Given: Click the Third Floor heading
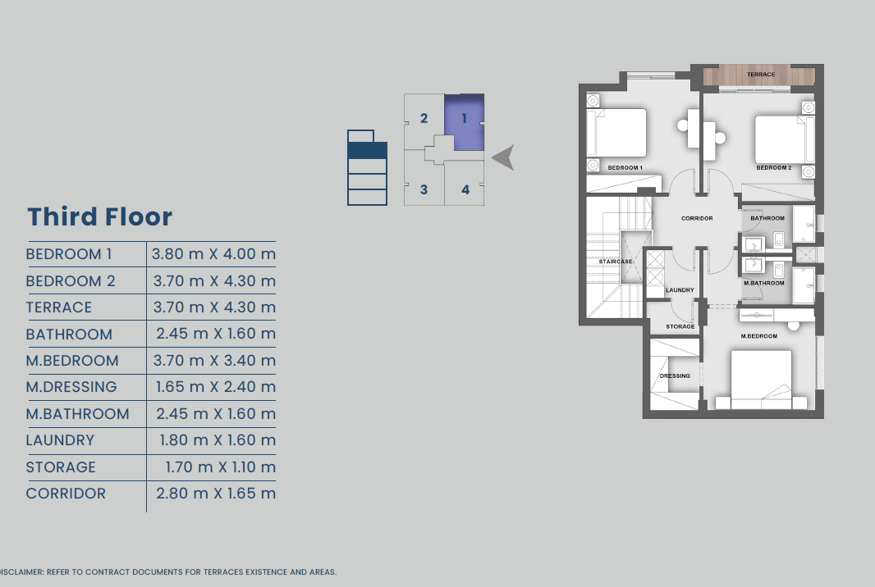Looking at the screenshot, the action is click(100, 217).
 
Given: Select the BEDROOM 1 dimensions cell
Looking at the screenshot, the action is click(213, 254).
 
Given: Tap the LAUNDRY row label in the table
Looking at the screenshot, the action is click(60, 440).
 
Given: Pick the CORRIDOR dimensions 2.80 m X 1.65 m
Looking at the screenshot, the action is click(216, 494).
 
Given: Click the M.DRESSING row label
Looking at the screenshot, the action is click(71, 387).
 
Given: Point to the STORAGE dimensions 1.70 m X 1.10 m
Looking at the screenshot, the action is click(221, 467).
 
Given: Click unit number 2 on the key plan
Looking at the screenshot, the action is click(424, 118).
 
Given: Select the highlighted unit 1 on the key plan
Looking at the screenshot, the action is click(465, 122).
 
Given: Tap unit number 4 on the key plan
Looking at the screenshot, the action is click(465, 189).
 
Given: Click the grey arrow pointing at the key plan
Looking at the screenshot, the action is click(503, 157).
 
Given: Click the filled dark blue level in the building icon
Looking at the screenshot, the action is click(367, 151).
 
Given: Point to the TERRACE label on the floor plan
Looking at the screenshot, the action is click(761, 74).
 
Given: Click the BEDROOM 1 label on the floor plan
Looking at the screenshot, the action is click(625, 168).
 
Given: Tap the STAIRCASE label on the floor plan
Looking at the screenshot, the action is click(616, 262).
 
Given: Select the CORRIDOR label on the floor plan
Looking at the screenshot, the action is click(697, 219).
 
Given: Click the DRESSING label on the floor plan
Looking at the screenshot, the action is click(675, 375).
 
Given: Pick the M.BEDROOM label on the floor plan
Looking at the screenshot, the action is click(759, 336).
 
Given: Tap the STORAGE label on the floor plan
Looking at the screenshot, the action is click(680, 326).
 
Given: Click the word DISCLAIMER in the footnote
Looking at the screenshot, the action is click(21, 572).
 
